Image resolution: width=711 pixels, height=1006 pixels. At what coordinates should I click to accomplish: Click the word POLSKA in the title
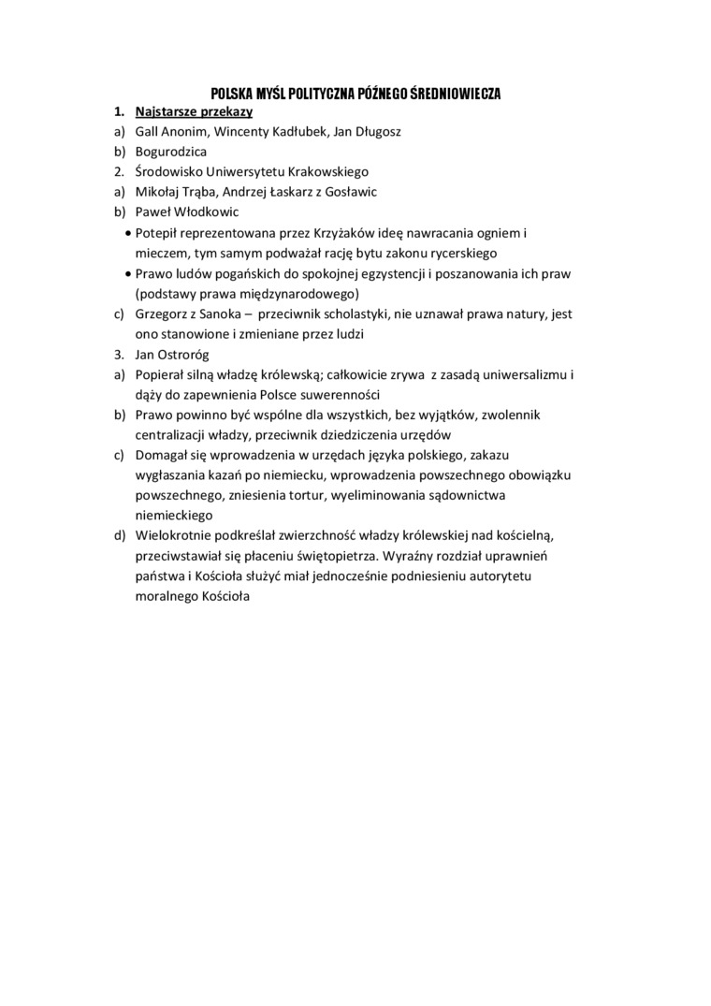(230, 94)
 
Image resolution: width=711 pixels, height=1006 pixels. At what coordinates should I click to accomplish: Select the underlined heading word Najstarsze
(164, 112)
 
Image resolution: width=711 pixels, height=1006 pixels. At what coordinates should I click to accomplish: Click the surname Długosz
(376, 132)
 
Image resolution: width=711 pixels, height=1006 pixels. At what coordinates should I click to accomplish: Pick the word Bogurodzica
(171, 152)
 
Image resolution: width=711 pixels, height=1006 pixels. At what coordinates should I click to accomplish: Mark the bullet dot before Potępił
(127, 232)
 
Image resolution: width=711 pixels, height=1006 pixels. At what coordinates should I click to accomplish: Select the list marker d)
(119, 535)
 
